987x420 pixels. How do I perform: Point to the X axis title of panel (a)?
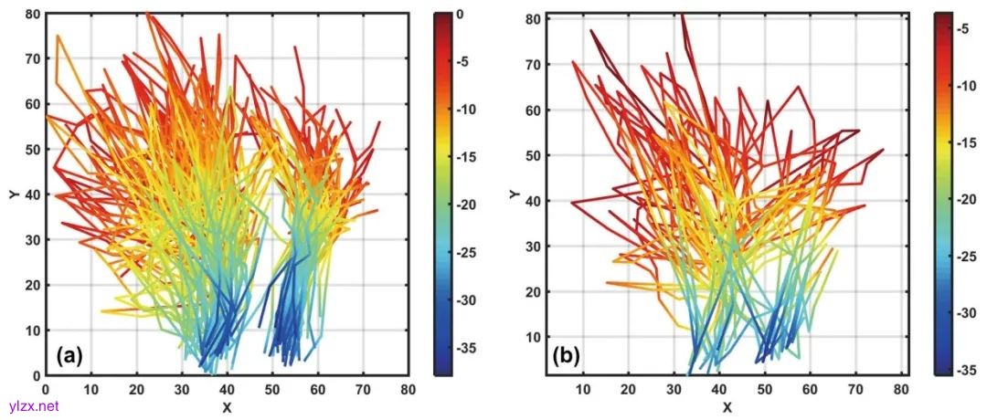[x=226, y=406]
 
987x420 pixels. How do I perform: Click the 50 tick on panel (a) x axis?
[x=271, y=390]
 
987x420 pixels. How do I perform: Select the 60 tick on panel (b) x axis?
[x=810, y=391]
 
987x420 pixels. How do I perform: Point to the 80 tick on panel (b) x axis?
[x=901, y=391]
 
